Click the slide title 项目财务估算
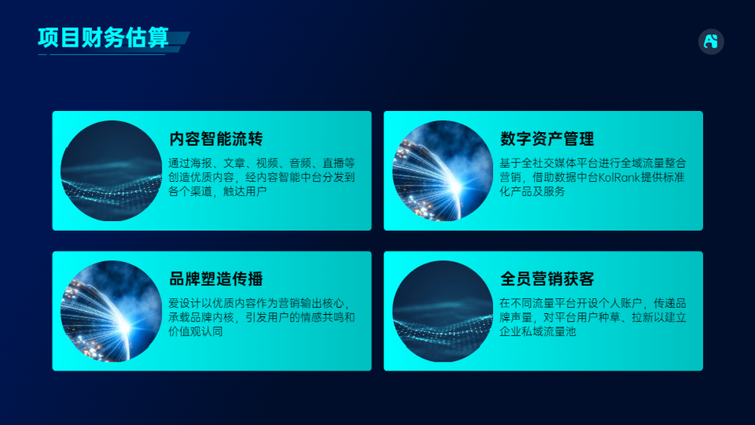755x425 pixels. coord(103,38)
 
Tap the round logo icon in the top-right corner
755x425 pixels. coord(710,42)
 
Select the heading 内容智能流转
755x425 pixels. coord(216,139)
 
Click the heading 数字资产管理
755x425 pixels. coord(547,139)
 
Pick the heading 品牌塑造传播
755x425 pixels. coord(216,279)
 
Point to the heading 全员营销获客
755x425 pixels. coord(547,279)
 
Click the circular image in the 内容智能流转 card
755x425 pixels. coord(111,171)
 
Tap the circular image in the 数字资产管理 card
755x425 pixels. coord(443,171)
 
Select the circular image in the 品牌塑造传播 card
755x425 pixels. coord(111,311)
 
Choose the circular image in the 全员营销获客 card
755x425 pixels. coord(443,311)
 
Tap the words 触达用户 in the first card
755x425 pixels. coord(245,191)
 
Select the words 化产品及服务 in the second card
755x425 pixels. coord(532,191)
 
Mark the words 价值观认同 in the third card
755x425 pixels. coord(196,331)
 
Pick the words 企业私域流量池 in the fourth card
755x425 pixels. coord(538,331)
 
